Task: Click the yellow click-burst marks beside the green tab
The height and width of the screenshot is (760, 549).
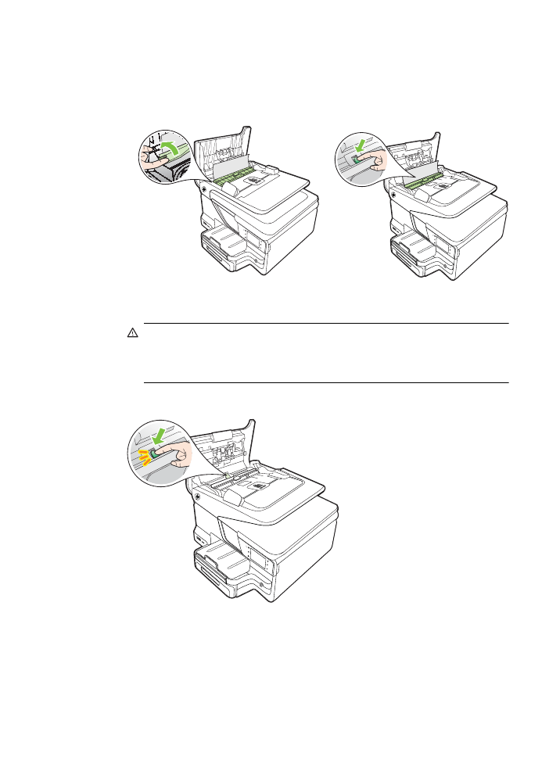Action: click(143, 454)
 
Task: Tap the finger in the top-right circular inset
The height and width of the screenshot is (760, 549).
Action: click(373, 161)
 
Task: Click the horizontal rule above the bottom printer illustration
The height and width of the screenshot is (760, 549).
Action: click(326, 382)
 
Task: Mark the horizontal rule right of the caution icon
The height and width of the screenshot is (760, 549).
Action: click(326, 323)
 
